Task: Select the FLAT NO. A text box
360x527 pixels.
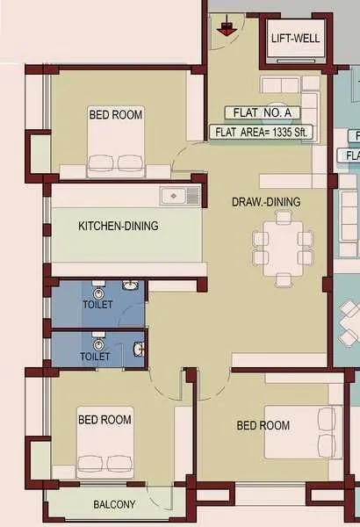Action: tap(263, 112)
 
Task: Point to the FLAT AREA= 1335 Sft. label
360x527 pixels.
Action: tap(264, 133)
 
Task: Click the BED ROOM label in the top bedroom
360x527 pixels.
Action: tap(116, 114)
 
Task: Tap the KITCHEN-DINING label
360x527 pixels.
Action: tap(119, 226)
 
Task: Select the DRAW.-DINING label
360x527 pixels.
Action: tap(266, 202)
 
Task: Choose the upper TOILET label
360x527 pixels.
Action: tap(97, 305)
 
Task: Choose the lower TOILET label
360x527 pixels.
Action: tap(96, 357)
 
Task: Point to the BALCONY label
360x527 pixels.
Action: tap(114, 504)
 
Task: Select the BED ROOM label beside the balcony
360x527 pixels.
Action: tap(104, 420)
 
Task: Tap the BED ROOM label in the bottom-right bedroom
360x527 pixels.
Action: tap(263, 425)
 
